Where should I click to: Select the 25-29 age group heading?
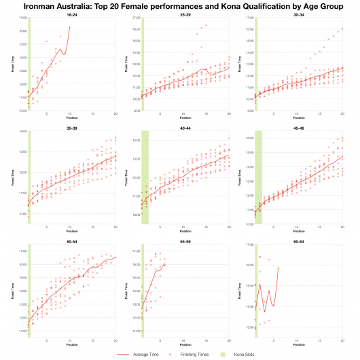[x=185, y=13]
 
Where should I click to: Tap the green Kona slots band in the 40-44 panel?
[x=145, y=177]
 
